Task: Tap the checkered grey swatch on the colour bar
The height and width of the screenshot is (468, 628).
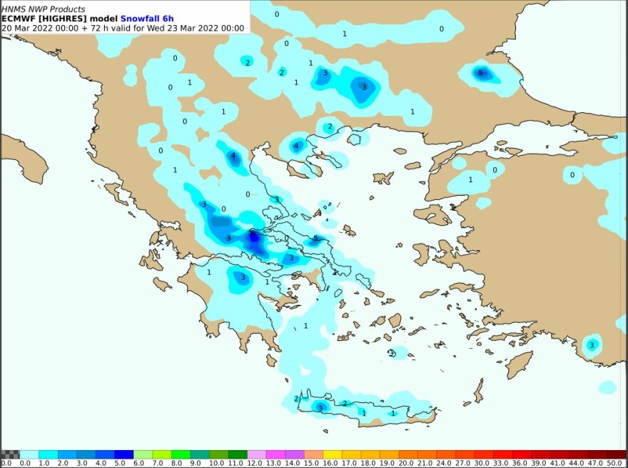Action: click(10, 454)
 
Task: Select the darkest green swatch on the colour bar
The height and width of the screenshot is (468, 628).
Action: click(237, 454)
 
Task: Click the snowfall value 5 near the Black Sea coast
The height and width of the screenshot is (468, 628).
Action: click(480, 73)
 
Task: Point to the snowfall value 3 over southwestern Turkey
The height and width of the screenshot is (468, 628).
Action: click(591, 345)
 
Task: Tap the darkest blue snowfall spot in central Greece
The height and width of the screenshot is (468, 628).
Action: click(253, 235)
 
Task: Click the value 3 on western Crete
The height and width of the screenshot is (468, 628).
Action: click(320, 408)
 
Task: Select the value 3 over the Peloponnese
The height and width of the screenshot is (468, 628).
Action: click(243, 277)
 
